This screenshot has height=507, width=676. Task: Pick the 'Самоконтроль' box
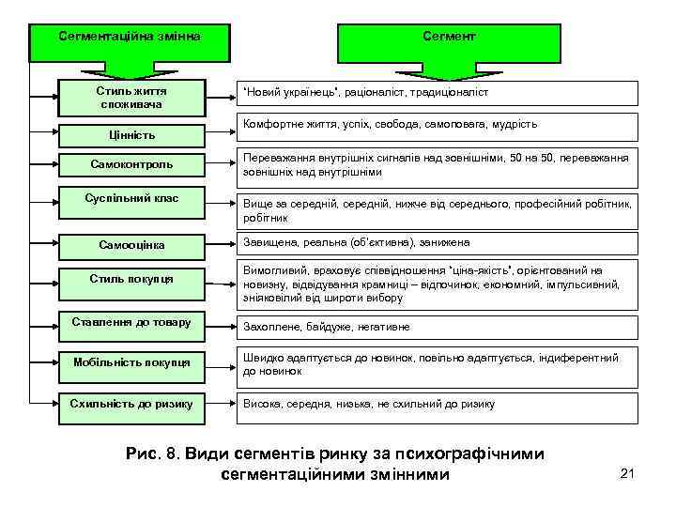[131, 164]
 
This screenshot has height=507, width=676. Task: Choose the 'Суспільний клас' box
[131, 199]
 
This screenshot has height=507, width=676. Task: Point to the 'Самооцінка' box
[131, 245]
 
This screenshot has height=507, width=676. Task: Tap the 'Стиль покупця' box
[131, 279]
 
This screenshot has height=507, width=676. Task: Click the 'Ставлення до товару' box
[131, 323]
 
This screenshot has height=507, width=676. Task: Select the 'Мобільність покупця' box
[131, 362]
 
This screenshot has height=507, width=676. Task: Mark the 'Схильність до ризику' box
[131, 404]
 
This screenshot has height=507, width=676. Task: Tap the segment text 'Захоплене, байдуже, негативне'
[327, 328]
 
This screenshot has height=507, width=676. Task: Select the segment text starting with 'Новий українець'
[366, 93]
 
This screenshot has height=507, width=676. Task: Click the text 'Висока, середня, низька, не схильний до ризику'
[369, 405]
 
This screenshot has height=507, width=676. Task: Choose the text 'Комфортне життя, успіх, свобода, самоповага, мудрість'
[390, 124]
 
